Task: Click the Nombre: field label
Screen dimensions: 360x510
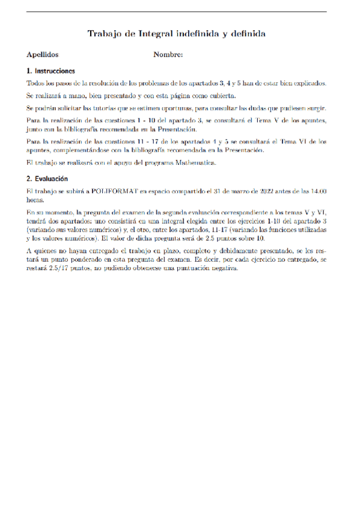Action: point(168,55)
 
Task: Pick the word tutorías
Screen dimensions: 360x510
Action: point(134,108)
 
